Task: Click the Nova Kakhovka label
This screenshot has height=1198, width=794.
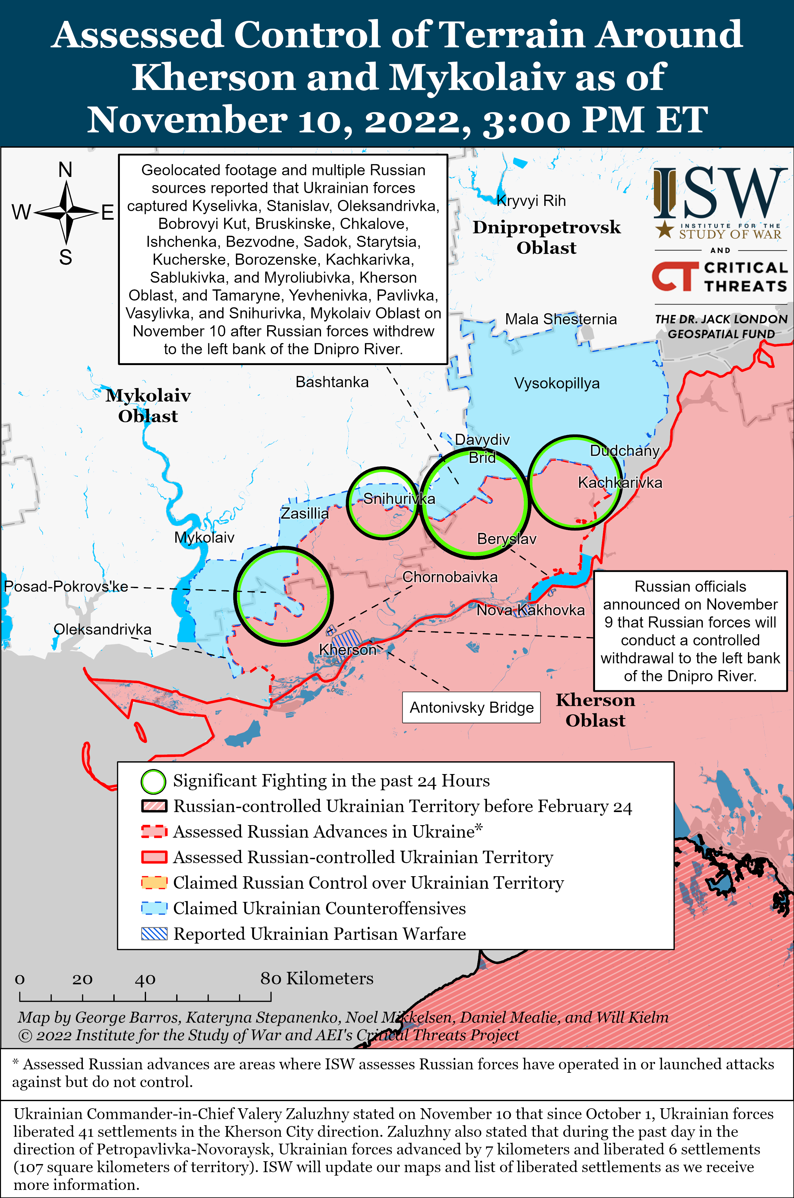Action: (530, 610)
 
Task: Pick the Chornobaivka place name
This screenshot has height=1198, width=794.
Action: (450, 577)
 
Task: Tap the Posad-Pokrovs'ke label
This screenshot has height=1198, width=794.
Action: (66, 587)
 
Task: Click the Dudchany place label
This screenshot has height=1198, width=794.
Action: (624, 451)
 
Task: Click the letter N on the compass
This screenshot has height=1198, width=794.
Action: (65, 170)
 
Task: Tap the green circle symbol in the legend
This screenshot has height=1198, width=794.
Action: (153, 782)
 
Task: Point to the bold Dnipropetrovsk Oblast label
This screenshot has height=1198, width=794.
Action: (546, 237)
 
